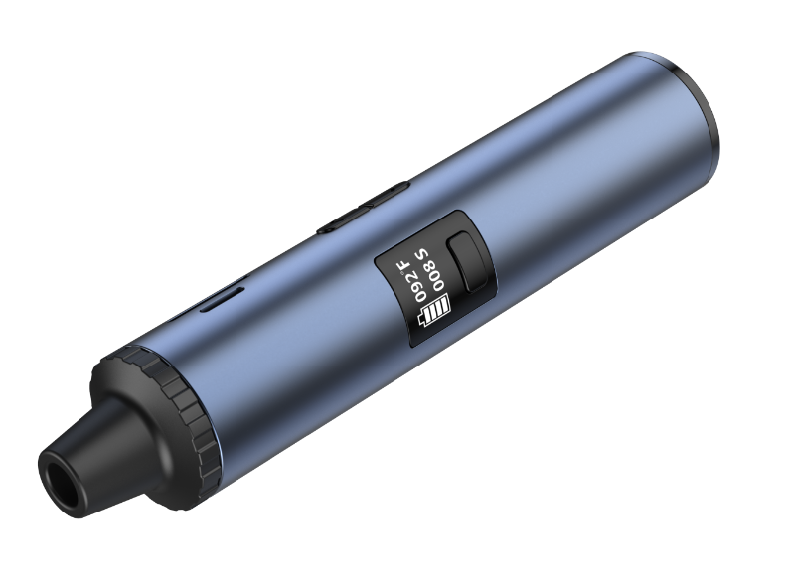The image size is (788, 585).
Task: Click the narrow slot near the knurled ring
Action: pyautogui.click(x=225, y=297)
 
